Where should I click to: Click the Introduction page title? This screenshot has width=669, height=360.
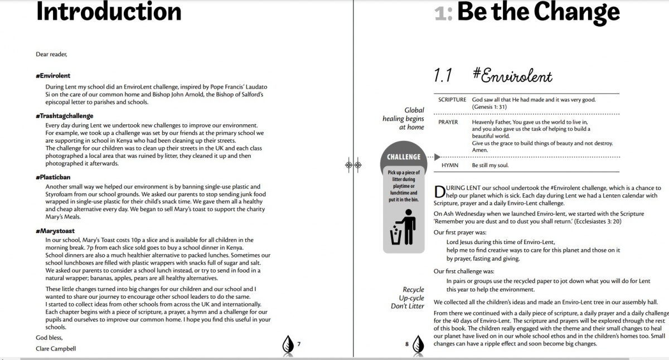(109, 11)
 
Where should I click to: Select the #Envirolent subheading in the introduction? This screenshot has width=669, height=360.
(53, 75)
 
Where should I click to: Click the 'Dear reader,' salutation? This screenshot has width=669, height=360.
(51, 54)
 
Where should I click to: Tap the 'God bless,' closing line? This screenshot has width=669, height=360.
(49, 338)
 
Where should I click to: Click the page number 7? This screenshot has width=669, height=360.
(299, 344)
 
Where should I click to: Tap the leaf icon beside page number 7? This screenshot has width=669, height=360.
(288, 344)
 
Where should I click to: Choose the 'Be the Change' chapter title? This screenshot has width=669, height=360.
(538, 11)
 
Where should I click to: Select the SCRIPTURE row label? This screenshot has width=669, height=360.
(452, 100)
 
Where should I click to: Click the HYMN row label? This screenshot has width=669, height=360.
(450, 166)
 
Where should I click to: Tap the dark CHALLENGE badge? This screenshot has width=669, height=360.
(404, 157)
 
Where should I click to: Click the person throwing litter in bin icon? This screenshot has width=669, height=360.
(404, 227)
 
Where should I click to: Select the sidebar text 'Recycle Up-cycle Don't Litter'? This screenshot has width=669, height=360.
(408, 298)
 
